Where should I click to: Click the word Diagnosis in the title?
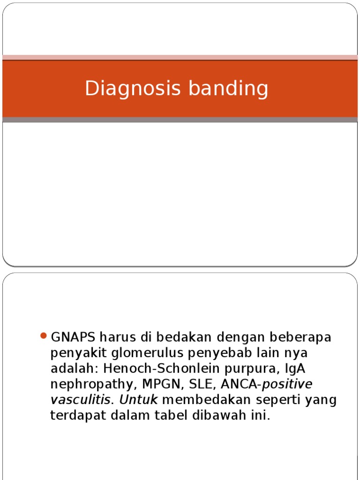(123, 88)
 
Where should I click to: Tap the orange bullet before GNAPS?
(44, 336)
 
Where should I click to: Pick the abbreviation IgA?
(283, 369)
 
